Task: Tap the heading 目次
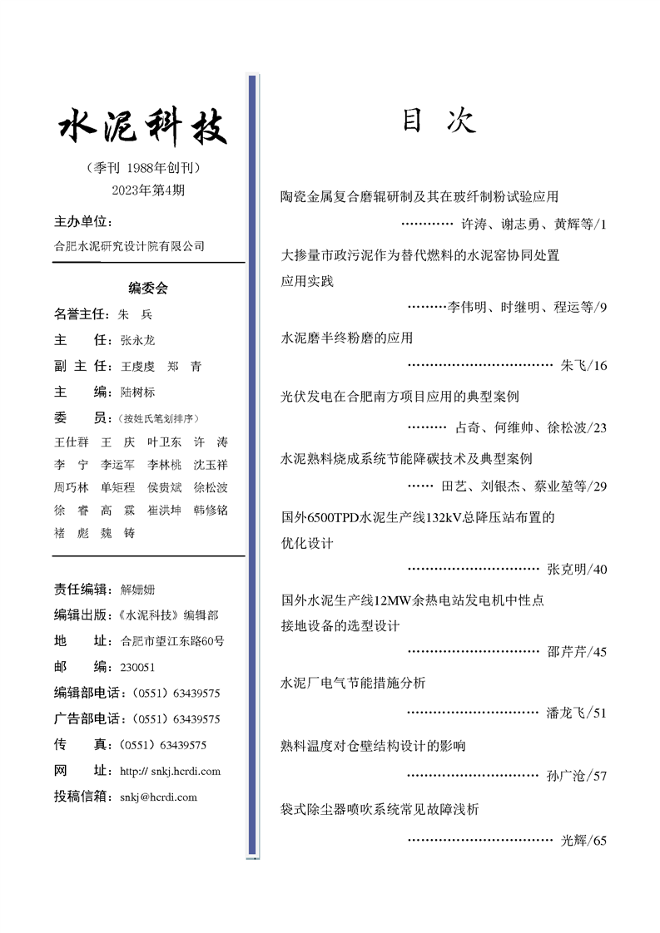439,121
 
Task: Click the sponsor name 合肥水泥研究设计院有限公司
129,246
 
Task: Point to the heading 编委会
148,289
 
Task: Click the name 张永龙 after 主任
137,340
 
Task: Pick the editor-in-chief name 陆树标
137,392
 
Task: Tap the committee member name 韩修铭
211,510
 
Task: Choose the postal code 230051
137,667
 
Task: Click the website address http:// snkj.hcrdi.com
170,771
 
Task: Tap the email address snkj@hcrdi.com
158,797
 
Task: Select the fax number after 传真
163,745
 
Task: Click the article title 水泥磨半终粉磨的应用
347,338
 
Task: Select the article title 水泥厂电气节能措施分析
354,683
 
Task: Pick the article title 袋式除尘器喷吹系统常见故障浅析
380,808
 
